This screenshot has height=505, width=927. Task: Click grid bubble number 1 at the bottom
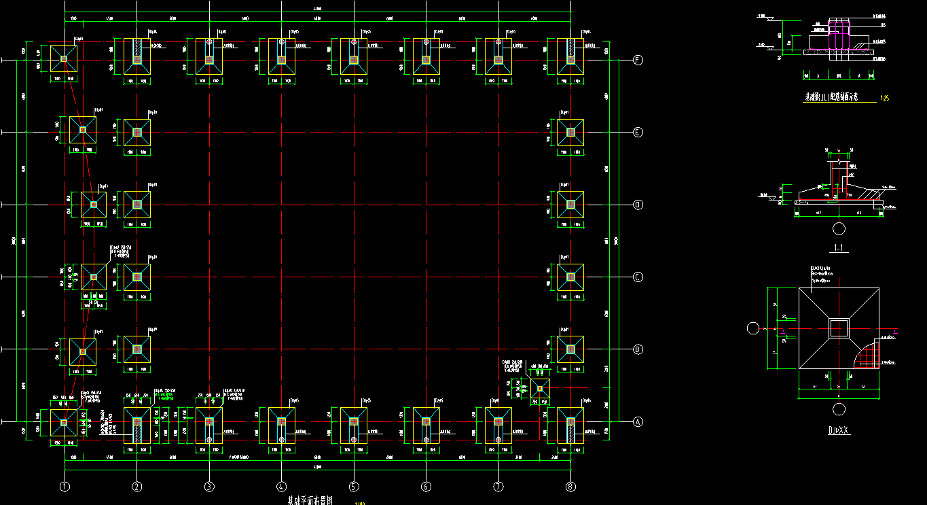click(65, 487)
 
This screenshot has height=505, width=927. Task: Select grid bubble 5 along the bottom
click(354, 487)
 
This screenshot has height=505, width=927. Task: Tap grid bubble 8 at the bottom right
click(570, 487)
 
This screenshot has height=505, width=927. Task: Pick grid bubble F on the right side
click(638, 60)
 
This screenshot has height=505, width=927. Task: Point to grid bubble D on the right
click(638, 205)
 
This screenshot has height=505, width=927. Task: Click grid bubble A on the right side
click(638, 421)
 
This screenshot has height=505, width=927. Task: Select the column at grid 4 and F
click(281, 60)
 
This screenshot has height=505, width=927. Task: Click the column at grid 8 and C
click(570, 277)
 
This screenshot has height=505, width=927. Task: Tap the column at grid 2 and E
click(137, 132)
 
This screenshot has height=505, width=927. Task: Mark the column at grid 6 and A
click(426, 421)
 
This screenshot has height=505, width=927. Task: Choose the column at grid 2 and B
click(137, 349)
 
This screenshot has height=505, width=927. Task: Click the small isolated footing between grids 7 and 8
click(541, 389)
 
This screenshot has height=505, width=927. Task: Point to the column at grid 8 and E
click(570, 132)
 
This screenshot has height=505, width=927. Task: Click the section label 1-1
click(840, 248)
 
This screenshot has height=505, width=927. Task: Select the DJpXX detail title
click(839, 430)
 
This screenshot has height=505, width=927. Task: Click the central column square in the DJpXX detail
click(839, 328)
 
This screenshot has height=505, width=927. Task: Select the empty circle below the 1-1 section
click(839, 228)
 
